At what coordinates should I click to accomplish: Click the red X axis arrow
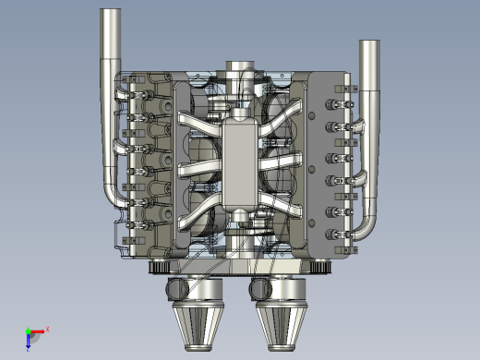40,330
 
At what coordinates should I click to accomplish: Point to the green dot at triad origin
29,331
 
